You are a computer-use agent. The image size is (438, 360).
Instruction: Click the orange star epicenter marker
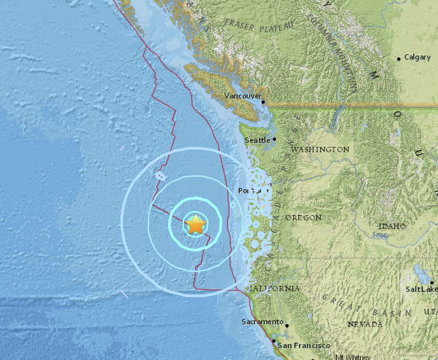click(195, 225)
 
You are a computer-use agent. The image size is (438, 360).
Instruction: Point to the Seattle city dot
click(274, 139)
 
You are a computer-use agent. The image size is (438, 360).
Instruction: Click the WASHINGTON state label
click(320, 149)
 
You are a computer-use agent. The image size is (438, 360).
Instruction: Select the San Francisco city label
click(304, 345)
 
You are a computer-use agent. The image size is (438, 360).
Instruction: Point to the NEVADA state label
click(365, 324)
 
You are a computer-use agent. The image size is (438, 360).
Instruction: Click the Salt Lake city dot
click(432, 282)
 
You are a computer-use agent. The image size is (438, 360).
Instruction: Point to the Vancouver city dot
click(263, 102)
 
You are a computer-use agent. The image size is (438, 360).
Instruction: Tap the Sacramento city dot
click(287, 325)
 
